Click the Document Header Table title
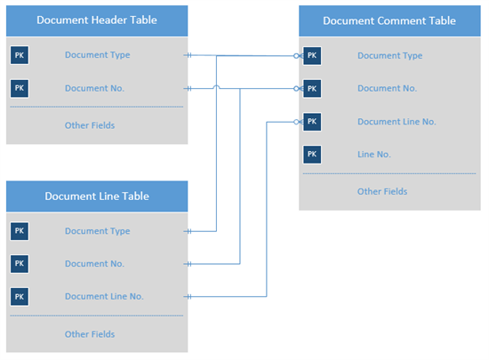coord(97,20)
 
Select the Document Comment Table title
coord(389,20)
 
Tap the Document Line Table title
coord(97,196)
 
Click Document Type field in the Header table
coord(97,55)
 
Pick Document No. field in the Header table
coord(94,88)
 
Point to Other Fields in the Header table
coord(90,125)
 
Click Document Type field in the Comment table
coord(389,56)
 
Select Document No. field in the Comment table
coord(387,89)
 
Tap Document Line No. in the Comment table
coord(397,122)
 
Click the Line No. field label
coord(374,155)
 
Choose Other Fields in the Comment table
coord(382,191)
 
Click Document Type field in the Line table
coord(97,231)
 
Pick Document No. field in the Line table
coord(94,264)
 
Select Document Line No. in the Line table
coord(104,296)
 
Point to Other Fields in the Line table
coord(90,334)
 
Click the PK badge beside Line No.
coord(312,155)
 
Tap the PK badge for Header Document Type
coord(20,55)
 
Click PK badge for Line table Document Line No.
coord(20,296)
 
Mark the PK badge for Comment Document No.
coord(312,89)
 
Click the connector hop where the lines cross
coord(216,87)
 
